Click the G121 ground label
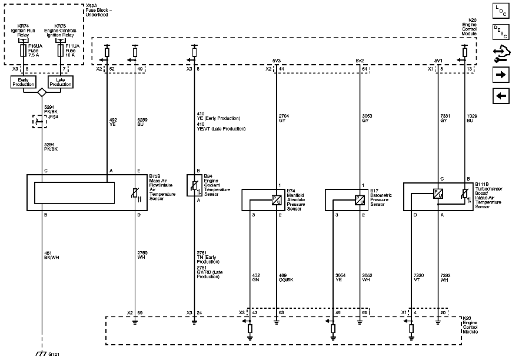(54, 354)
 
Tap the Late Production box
(60, 82)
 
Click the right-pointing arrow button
(500, 75)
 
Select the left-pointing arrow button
(500, 96)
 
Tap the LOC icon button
(500, 10)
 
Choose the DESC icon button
(500, 31)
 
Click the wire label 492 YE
(114, 122)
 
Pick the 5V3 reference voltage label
(276, 61)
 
